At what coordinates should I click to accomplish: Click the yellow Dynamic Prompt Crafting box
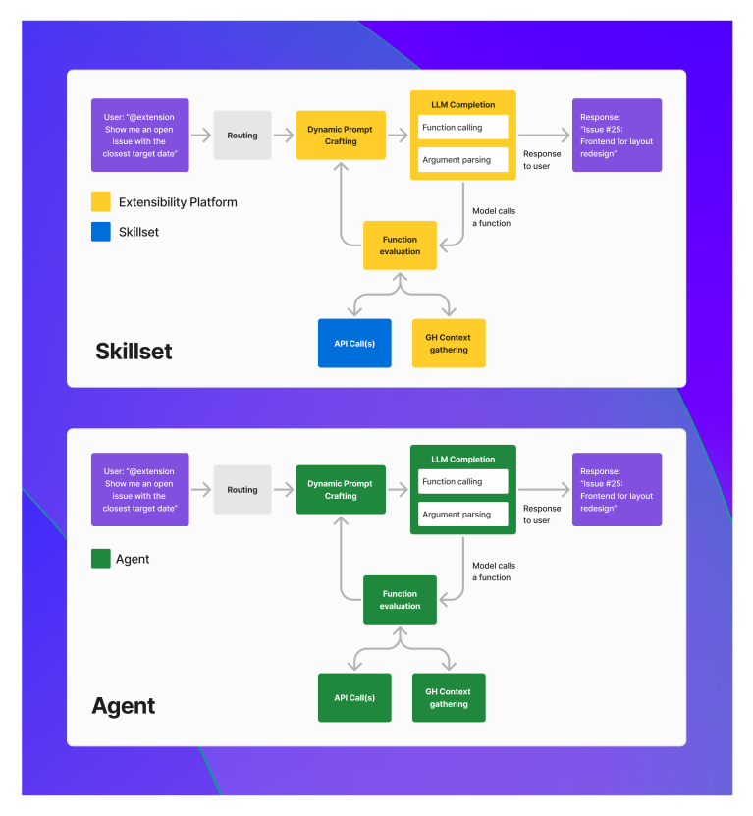coord(341,136)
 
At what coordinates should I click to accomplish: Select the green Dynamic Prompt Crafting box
coord(341,490)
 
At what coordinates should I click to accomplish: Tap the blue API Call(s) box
coord(354,344)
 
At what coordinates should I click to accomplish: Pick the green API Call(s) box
coord(354,698)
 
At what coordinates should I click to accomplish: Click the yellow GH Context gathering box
coord(449,344)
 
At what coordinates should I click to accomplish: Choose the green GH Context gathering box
coord(449,698)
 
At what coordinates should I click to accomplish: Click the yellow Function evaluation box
coord(400,245)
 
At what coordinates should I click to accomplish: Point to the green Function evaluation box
coord(400,600)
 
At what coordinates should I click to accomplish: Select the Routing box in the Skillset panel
coord(242,136)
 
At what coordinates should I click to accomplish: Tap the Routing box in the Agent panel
coord(242,490)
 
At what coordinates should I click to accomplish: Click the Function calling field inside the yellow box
coord(462,128)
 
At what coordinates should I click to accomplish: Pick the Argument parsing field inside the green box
coord(462,515)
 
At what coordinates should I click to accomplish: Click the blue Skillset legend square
coord(101,232)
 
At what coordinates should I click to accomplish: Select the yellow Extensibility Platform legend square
coord(101,202)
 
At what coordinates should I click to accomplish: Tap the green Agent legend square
coord(101,559)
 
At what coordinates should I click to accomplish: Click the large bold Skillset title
coord(134,352)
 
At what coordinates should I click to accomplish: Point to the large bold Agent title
coord(124,706)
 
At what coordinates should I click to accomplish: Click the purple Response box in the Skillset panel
coord(617,136)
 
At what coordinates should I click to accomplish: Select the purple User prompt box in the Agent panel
coord(139,490)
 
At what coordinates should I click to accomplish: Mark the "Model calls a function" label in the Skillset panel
coord(493,217)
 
